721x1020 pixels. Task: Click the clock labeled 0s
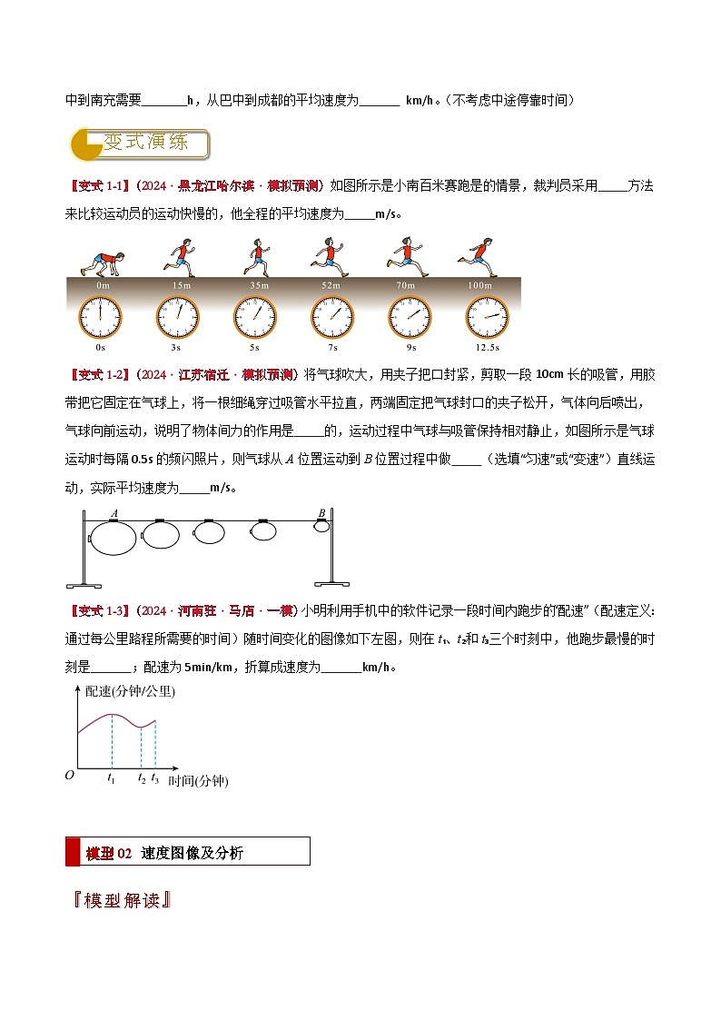(101, 316)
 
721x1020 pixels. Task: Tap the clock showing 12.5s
(489, 316)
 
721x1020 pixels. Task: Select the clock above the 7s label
(333, 316)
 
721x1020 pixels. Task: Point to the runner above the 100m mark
(478, 256)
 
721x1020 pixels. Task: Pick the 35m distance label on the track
(259, 286)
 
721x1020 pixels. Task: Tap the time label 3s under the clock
(178, 348)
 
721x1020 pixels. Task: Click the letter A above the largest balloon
(114, 514)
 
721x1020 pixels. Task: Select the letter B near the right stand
(321, 513)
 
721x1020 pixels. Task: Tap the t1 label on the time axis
(111, 777)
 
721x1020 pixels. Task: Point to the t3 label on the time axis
(155, 777)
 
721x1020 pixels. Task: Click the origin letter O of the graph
(69, 775)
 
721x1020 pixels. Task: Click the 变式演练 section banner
(141, 144)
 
